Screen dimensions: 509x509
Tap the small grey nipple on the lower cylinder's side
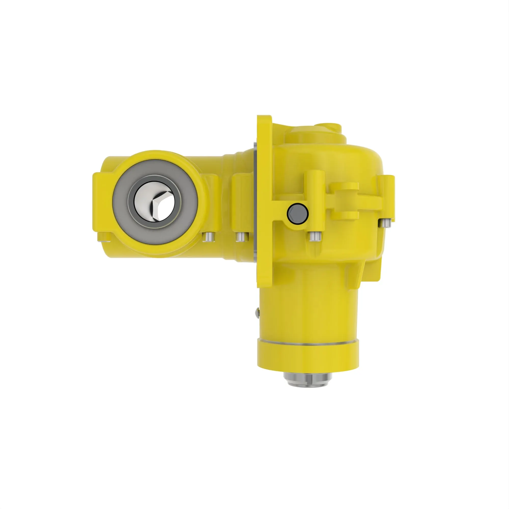point(257,313)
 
